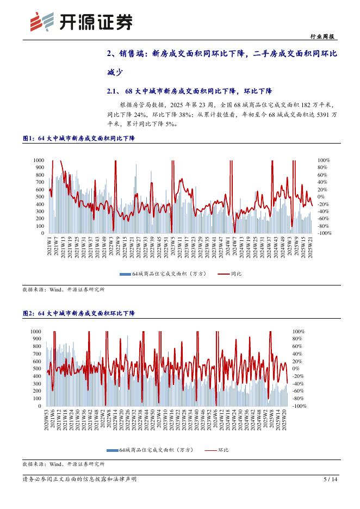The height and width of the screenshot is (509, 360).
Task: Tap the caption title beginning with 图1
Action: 79,139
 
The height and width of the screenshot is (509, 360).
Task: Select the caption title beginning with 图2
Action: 79,314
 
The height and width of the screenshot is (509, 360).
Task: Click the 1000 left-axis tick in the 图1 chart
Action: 39,160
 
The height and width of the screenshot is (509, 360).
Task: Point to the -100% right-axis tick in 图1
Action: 325,233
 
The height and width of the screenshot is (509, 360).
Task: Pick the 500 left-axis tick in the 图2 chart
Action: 36,369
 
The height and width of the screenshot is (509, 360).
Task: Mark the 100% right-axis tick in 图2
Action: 299,331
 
